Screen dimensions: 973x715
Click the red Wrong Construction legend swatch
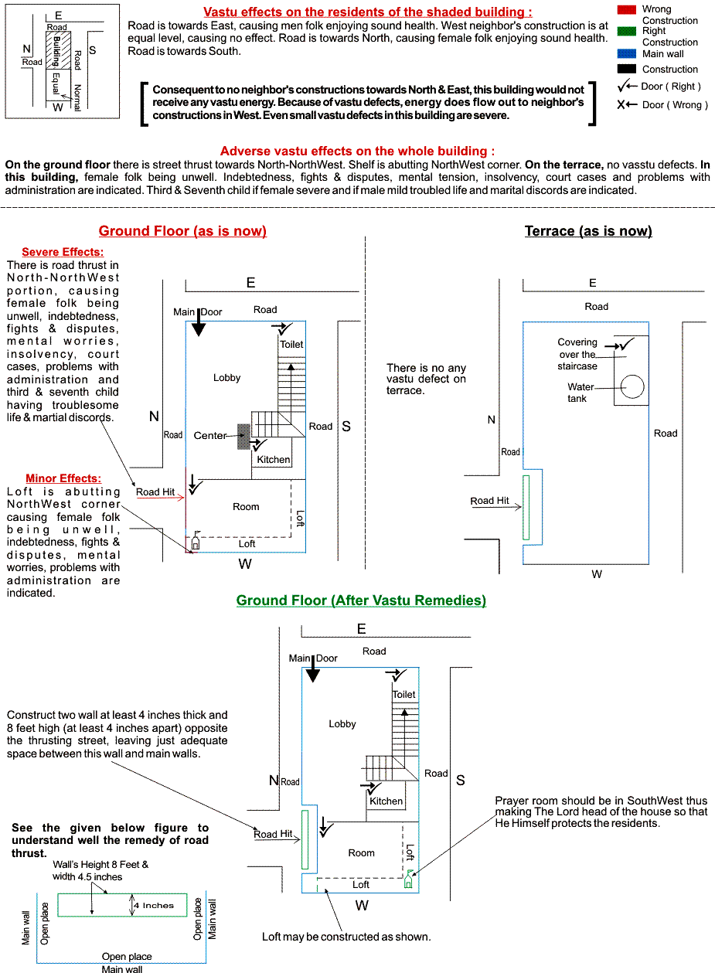(627, 9)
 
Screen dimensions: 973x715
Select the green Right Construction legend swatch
(627, 32)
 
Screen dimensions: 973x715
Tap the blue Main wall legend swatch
(627, 54)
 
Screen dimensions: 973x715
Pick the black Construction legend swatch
(627, 69)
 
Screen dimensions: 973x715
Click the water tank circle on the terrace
(632, 386)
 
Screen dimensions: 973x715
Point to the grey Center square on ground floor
(243, 436)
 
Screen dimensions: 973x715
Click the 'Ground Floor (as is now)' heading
(182, 231)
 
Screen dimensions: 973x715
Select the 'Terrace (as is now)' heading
(587, 231)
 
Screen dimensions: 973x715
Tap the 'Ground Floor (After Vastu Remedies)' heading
(361, 600)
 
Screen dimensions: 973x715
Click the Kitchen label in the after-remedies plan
(386, 801)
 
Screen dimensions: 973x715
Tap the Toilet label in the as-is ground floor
(291, 344)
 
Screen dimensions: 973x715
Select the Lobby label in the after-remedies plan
(342, 724)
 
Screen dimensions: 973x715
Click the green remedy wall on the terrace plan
(526, 508)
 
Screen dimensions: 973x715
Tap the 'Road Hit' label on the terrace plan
(490, 501)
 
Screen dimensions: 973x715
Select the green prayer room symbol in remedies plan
(409, 879)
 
